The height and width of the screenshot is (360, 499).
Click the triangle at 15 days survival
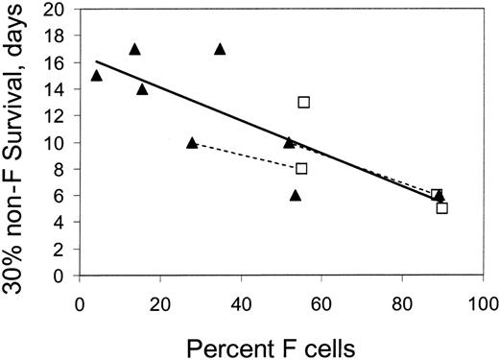tap(96, 75)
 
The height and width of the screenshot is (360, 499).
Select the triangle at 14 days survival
tap(142, 88)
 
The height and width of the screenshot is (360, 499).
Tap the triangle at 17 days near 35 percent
tap(220, 49)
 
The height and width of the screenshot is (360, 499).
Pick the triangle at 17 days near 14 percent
tap(134, 49)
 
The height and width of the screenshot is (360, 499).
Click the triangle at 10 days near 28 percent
tap(192, 142)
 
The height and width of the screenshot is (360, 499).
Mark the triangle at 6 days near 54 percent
tap(296, 195)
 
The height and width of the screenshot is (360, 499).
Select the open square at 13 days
tap(303, 102)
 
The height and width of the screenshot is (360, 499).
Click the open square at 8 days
tap(301, 168)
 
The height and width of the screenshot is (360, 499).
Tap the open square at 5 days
tap(441, 207)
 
